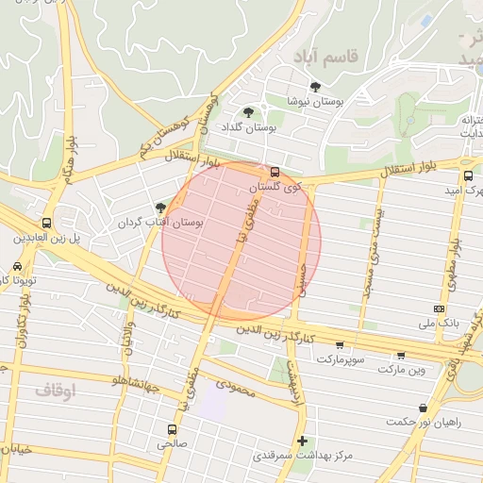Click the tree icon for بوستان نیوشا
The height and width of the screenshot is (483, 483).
coord(315,87)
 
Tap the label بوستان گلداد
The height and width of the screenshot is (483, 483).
coord(248,127)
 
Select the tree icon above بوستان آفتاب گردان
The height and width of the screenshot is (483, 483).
coord(160,207)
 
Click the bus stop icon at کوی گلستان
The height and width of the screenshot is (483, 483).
coord(275,172)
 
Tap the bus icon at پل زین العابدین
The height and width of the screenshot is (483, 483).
coord(46,224)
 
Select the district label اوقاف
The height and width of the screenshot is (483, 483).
coord(54,389)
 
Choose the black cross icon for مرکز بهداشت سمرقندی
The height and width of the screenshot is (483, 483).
coord(302,441)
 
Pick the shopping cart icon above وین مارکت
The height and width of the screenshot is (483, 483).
coord(401,356)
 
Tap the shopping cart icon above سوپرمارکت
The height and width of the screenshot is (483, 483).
coord(339,345)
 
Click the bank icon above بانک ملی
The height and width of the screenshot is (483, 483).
coord(439,308)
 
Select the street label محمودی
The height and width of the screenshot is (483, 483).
coord(236,385)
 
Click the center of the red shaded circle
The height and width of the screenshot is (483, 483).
coord(241,241)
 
